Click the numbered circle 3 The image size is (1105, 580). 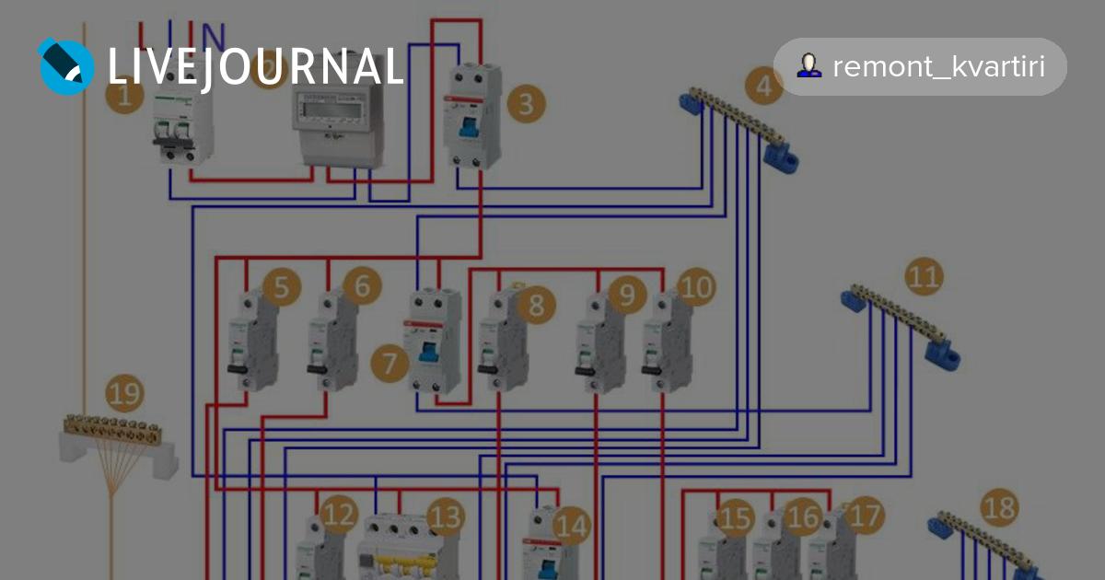pyautogui.click(x=524, y=104)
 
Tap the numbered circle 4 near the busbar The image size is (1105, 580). pyautogui.click(x=763, y=87)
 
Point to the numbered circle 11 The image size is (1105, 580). pyautogui.click(x=924, y=276)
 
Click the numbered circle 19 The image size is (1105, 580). pyautogui.click(x=124, y=394)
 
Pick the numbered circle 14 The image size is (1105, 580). pyautogui.click(x=570, y=526)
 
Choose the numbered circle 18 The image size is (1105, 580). pyautogui.click(x=999, y=506)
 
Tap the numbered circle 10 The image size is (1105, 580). pyautogui.click(x=696, y=287)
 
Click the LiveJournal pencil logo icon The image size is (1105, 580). pyautogui.click(x=65, y=65)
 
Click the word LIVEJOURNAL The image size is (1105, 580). pyautogui.click(x=256, y=66)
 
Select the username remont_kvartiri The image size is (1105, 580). pyautogui.click(x=938, y=66)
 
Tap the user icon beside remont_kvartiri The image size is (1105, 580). pyautogui.click(x=809, y=65)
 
